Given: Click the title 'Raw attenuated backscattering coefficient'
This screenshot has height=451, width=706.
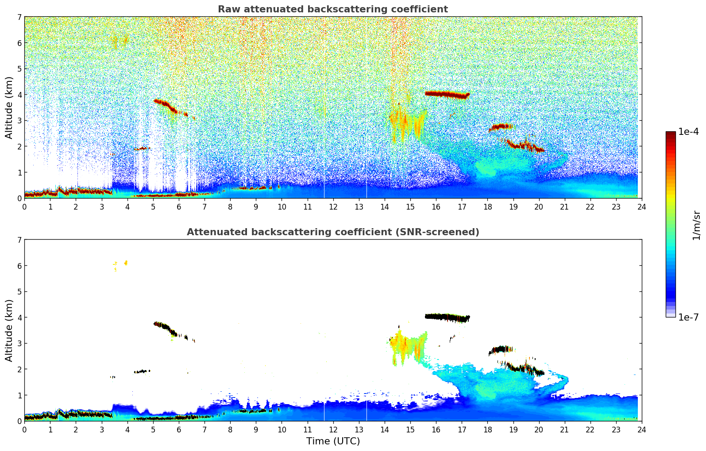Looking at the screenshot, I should (x=332, y=9).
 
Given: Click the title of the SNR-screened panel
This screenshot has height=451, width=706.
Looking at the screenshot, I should (x=332, y=232).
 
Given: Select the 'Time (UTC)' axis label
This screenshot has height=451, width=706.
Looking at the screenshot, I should (x=333, y=441).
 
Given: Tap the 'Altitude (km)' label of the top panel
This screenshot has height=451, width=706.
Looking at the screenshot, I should (x=9, y=107).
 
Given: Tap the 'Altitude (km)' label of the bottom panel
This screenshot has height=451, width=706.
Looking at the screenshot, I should (x=9, y=330).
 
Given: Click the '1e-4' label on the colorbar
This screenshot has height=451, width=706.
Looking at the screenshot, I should (x=688, y=132).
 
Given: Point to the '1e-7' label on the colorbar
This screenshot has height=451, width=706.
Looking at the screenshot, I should (x=688, y=317).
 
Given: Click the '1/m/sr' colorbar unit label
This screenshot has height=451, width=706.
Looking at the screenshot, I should (x=696, y=225).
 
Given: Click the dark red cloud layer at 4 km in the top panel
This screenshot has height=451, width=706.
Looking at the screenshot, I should (x=446, y=94).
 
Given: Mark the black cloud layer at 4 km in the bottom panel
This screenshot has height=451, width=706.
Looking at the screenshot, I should (x=446, y=317).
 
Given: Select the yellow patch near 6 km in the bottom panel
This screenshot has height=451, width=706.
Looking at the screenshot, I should (x=126, y=263).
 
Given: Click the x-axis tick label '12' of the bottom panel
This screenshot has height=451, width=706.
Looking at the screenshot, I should (x=333, y=430).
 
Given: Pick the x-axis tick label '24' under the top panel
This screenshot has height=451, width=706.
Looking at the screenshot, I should (x=641, y=207).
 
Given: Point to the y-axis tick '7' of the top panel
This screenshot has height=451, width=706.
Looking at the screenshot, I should (x=19, y=17).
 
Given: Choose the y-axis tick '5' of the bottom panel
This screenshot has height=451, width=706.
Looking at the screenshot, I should (x=19, y=292).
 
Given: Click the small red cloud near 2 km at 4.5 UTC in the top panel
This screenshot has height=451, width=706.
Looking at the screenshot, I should (x=143, y=149).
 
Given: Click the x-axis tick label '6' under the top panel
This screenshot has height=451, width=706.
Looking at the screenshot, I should (x=179, y=207).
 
